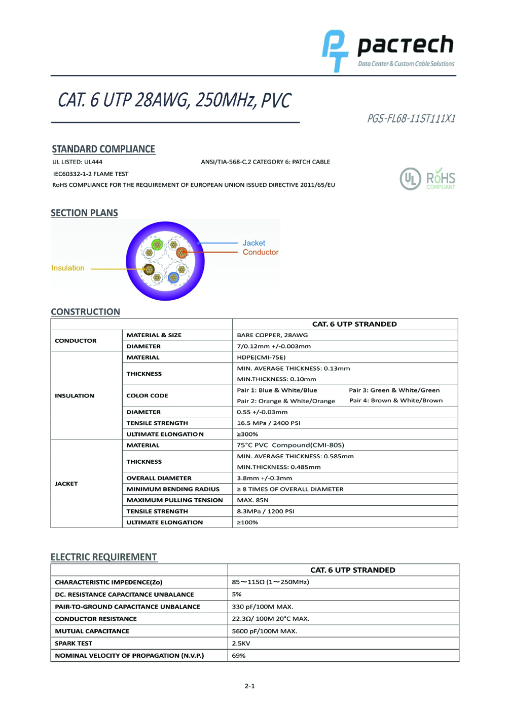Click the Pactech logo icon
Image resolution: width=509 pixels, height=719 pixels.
tap(335, 51)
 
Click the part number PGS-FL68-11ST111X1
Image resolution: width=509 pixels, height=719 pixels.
tap(411, 118)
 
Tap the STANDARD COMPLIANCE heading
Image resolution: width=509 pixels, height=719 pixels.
tap(103, 149)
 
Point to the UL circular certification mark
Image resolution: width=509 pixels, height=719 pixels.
tap(410, 179)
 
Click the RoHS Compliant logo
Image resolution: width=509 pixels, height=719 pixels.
tap(441, 179)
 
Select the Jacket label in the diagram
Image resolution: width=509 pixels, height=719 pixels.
tap(253, 243)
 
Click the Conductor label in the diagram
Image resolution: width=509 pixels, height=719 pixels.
tap(260, 252)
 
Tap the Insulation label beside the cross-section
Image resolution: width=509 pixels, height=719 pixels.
tap(68, 268)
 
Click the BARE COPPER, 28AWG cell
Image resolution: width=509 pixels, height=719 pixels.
tap(272, 335)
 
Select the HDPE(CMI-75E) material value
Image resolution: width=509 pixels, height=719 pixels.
tap(261, 357)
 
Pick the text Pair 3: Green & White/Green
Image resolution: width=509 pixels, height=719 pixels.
tap(394, 390)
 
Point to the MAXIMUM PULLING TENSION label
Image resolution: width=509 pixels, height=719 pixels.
tap(174, 500)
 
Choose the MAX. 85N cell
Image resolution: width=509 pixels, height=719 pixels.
tap(252, 500)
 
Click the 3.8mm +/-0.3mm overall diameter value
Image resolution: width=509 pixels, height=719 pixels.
tap(264, 478)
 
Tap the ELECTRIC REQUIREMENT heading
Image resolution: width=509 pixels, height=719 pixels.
tap(104, 557)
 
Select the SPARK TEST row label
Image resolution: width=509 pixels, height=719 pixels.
tap(74, 644)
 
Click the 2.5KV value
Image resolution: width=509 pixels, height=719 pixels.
tap(241, 644)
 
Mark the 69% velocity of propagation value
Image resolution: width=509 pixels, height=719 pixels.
tap(239, 656)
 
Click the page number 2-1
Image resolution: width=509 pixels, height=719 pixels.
tap(249, 686)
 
